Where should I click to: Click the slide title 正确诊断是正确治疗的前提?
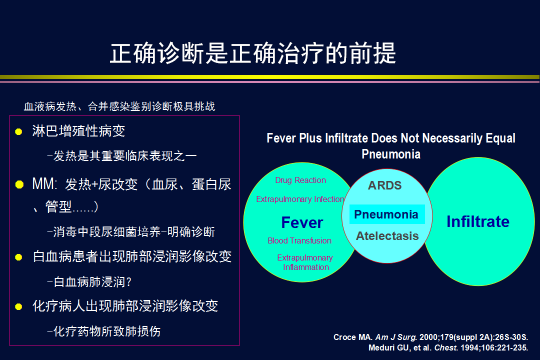pos(253,53)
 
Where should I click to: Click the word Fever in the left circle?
pos(302,222)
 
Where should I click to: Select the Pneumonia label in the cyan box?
pos(386,214)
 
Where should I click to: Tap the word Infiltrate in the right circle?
pos(477,221)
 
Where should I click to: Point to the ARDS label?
pos(384,185)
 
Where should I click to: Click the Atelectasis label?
pos(387,236)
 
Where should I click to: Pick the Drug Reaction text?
pos(300,180)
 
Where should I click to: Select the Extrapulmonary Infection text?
pos(300,199)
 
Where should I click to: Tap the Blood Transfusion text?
pos(299,241)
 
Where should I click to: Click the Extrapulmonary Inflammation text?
pos(305,262)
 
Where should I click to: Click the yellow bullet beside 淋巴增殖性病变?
pos(18,131)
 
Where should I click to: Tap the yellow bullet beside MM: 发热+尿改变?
pos(19,184)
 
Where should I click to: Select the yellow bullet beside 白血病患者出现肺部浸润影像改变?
pos(18,257)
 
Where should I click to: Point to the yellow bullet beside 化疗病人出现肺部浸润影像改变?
pos(18,306)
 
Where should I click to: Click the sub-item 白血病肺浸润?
pos(89,282)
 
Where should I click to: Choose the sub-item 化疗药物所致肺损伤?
pos(103,331)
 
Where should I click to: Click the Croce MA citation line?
pos(430,337)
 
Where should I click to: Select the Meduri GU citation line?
pos(448,347)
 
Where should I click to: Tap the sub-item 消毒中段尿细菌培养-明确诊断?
pos(131,232)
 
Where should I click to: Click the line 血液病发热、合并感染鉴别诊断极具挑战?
pos(119,106)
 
